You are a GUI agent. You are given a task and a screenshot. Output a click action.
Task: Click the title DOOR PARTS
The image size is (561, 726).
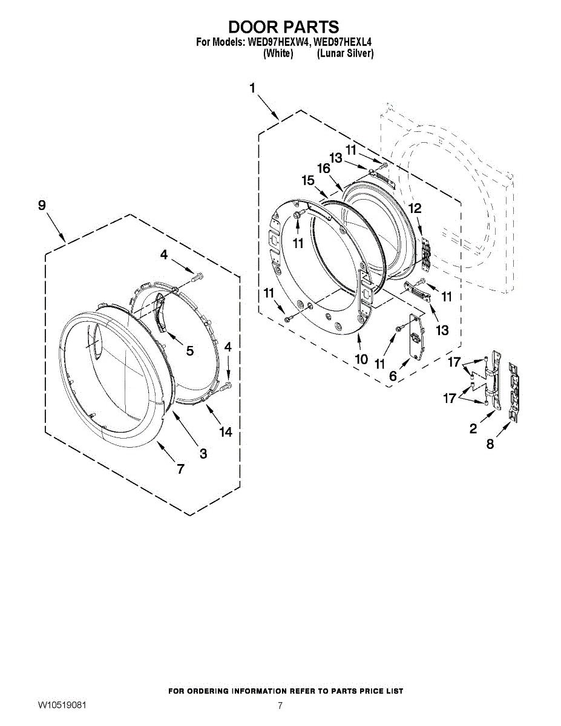pyautogui.click(x=283, y=27)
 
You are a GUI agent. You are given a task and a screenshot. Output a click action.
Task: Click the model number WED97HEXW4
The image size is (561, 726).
pyautogui.click(x=274, y=43)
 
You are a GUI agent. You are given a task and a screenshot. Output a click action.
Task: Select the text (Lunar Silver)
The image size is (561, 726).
pyautogui.click(x=345, y=54)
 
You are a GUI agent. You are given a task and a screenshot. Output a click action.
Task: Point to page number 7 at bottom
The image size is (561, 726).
pyautogui.click(x=280, y=705)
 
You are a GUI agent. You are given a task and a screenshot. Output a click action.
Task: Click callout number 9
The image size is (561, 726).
pyautogui.click(x=42, y=206)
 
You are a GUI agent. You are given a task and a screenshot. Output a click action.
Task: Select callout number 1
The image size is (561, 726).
pyautogui.click(x=252, y=88)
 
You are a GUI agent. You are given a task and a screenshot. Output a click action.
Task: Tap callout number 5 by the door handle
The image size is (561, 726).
pyautogui.click(x=189, y=350)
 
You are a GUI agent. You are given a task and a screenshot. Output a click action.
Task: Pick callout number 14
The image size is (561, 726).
pyautogui.click(x=226, y=432)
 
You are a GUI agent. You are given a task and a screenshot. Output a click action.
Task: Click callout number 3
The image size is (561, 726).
pyautogui.click(x=203, y=453)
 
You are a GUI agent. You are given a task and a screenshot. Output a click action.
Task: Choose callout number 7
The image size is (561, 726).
pyautogui.click(x=180, y=468)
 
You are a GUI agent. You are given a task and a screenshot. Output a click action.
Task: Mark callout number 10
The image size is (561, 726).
pyautogui.click(x=361, y=359)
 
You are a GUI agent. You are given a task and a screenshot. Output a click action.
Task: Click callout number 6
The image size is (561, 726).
pyautogui.click(x=393, y=376)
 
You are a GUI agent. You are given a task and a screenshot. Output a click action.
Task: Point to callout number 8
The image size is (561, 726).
pyautogui.click(x=490, y=444)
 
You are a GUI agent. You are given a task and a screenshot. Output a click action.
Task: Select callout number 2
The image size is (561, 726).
pyautogui.click(x=473, y=429)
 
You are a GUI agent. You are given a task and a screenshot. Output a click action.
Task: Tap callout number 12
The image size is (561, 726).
pyautogui.click(x=415, y=208)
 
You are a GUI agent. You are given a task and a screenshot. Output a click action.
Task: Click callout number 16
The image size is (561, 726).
pyautogui.click(x=324, y=168)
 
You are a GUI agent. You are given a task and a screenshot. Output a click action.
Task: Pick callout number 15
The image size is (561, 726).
pyautogui.click(x=308, y=180)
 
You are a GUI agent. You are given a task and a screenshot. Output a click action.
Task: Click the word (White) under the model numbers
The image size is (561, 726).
pyautogui.click(x=278, y=54)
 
